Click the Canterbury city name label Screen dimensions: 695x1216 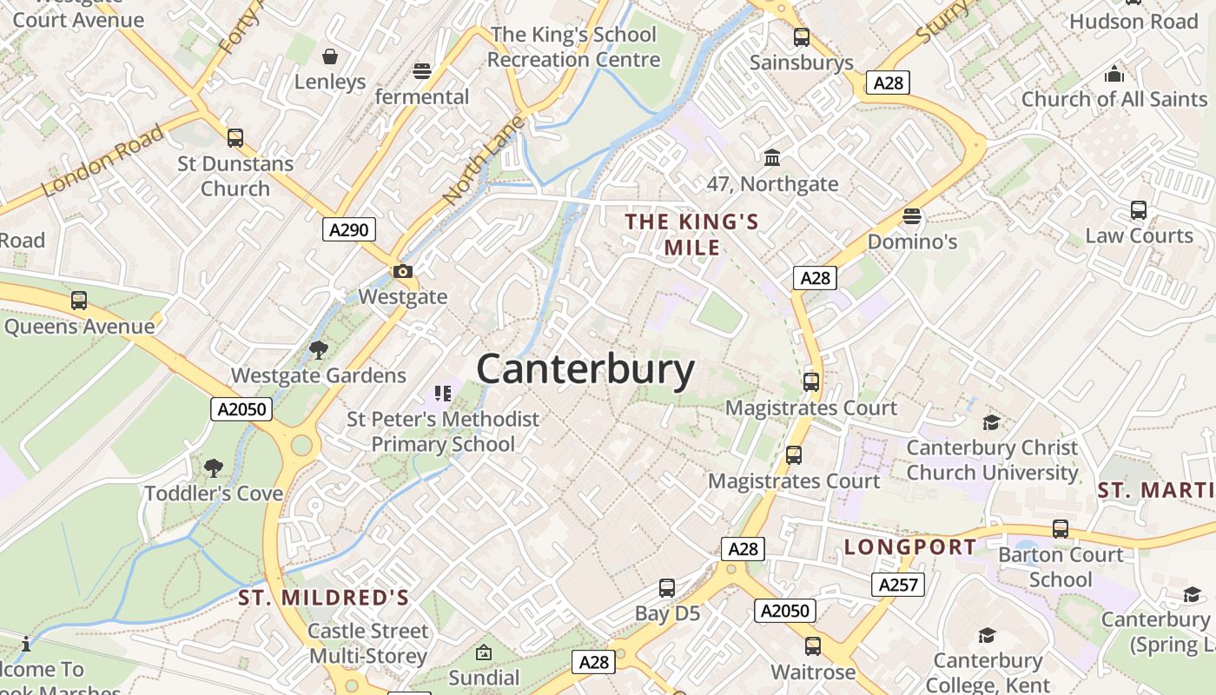coord(585,369)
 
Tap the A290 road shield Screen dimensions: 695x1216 coord(350,229)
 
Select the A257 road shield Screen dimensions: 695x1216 coord(898,585)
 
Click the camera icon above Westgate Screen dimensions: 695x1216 coord(402,271)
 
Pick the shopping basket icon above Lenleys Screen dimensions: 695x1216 coord(330,57)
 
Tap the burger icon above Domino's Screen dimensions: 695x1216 coord(911,215)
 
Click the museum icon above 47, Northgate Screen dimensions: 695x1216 coord(771,157)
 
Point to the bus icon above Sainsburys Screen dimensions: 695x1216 coord(801,37)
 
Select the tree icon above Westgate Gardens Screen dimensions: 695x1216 coord(318,349)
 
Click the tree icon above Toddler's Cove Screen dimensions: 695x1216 coord(213,468)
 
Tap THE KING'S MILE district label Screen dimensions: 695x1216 coord(692,235)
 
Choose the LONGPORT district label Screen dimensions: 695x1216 coord(910,546)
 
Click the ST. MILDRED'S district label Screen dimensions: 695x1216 coord(323,598)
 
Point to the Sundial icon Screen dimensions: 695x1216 coord(483,652)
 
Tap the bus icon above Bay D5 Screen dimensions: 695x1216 coord(666,588)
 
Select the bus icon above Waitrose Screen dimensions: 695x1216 coord(812,646)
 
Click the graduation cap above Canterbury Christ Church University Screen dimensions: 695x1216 coord(990,422)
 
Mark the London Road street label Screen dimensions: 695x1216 coord(102,160)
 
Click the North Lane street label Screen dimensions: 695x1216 coord(483,162)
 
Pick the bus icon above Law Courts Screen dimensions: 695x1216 coord(1138,210)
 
